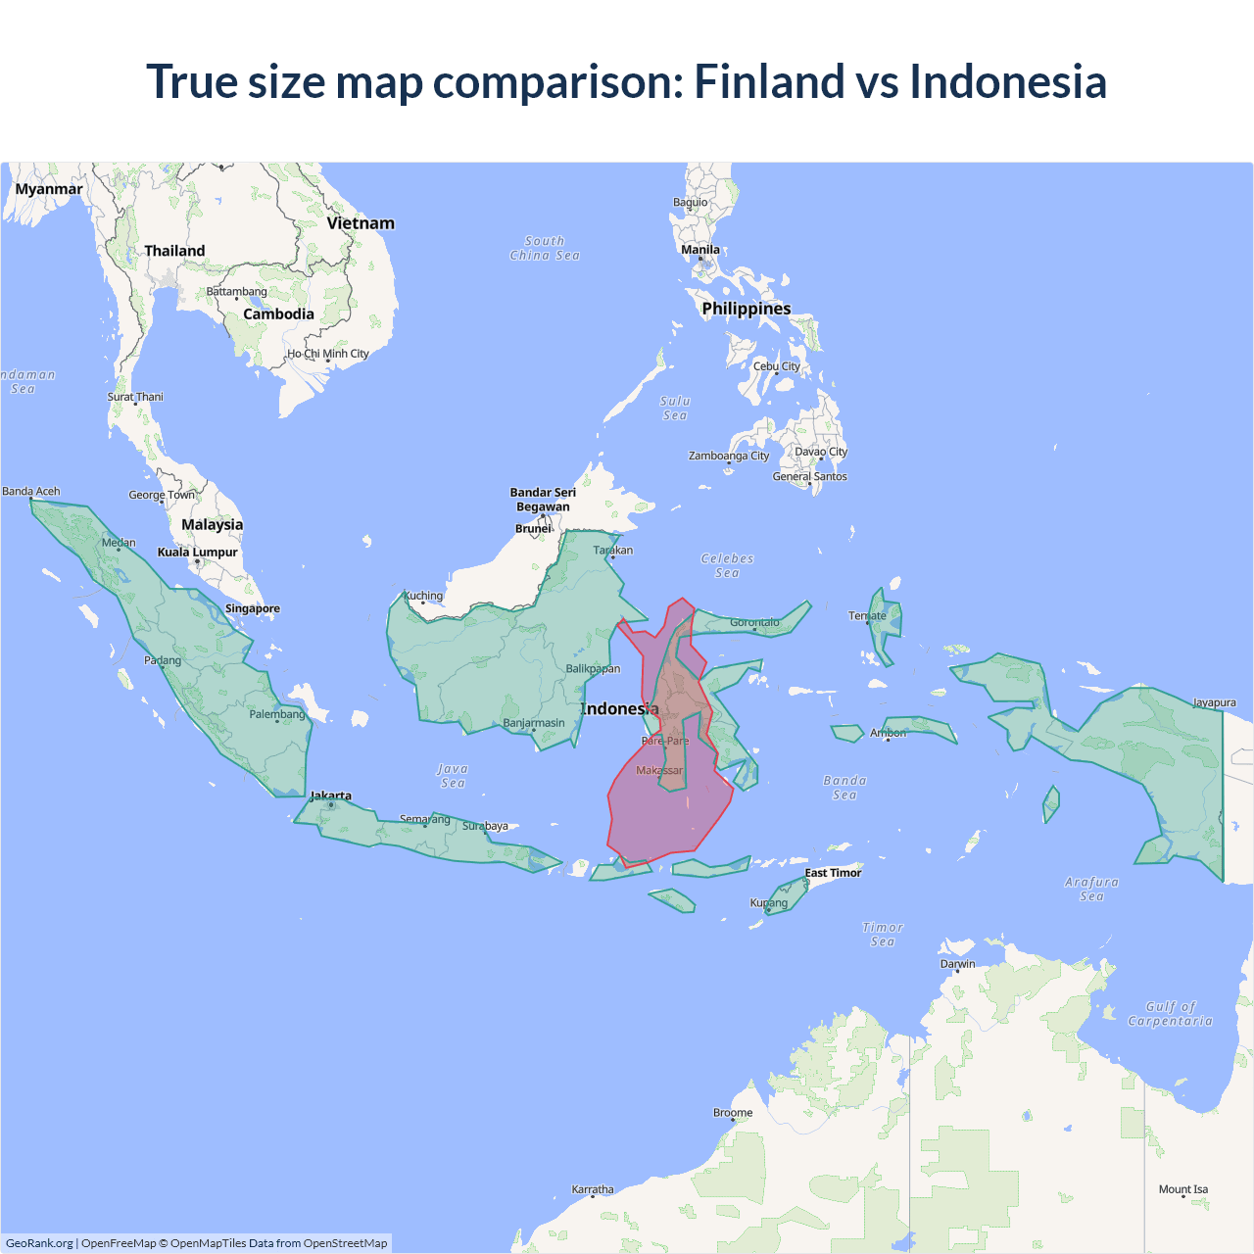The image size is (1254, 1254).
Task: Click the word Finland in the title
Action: click(769, 81)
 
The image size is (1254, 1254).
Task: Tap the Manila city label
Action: click(700, 250)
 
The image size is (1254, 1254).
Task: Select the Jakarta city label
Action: click(330, 796)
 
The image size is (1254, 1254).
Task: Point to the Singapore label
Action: click(253, 608)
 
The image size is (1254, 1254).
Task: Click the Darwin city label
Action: click(957, 964)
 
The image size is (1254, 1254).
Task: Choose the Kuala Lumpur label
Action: click(198, 553)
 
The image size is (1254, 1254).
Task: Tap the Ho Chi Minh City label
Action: click(328, 354)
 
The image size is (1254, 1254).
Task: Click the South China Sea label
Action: click(545, 248)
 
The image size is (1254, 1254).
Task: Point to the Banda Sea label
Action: click(844, 788)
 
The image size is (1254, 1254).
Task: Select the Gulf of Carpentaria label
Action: click(1170, 1014)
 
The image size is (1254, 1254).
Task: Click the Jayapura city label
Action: click(1214, 702)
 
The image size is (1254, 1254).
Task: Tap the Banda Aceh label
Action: click(31, 492)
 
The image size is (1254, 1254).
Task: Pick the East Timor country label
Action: click(833, 873)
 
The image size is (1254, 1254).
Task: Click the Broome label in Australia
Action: click(733, 1113)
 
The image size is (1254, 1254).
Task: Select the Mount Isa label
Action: click(1183, 1189)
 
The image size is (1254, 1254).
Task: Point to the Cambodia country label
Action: click(278, 314)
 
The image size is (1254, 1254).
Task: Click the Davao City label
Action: click(821, 452)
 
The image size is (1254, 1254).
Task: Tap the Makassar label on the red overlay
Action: click(659, 771)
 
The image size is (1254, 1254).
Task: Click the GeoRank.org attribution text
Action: click(39, 1243)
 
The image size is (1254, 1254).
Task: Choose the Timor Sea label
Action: click(883, 935)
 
